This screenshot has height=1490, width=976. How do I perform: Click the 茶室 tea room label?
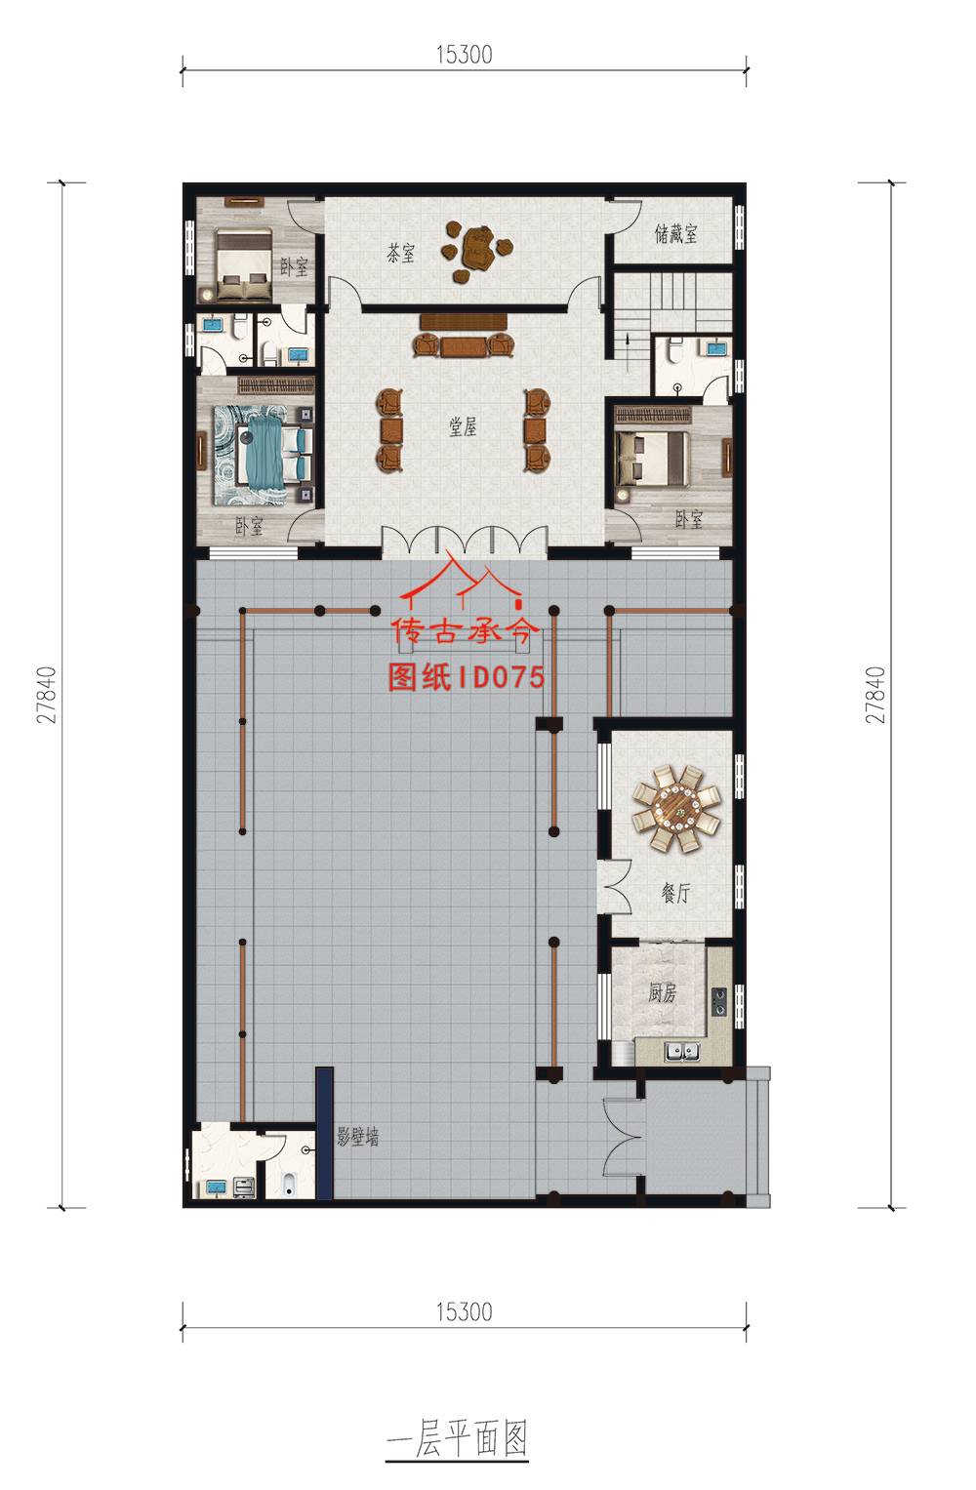click(x=400, y=253)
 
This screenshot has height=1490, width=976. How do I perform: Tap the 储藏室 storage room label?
click(x=676, y=233)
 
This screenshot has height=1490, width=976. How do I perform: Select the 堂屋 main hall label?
click(x=463, y=426)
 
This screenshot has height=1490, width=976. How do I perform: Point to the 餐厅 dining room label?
click(x=675, y=893)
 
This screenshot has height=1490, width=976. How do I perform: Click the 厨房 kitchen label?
click(x=662, y=993)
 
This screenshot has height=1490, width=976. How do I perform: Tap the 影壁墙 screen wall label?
click(x=357, y=1137)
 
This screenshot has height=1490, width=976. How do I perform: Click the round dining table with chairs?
click(x=676, y=809)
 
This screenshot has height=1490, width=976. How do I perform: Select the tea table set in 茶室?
click(x=476, y=251)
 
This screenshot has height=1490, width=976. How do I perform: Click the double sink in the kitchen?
click(x=682, y=1052)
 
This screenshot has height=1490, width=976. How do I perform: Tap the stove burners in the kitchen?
click(x=719, y=1002)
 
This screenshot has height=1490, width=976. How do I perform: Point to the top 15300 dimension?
click(x=464, y=55)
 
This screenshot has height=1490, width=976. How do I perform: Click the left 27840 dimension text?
click(x=47, y=695)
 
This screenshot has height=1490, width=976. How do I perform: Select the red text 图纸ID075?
click(x=467, y=677)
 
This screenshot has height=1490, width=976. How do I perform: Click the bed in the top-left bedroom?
click(x=243, y=263)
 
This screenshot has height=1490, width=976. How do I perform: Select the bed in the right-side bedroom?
click(x=653, y=458)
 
